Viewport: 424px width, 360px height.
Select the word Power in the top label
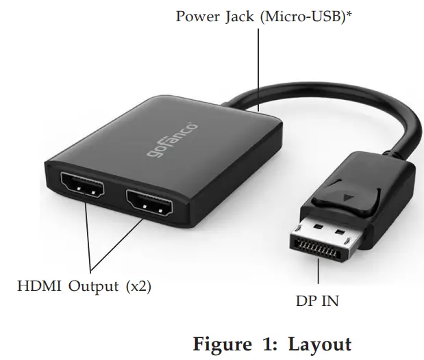[x=197, y=16]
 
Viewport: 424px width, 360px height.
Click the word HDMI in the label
[x=38, y=286]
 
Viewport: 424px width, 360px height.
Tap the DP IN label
[x=317, y=301]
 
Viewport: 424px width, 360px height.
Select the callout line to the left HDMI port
[x=87, y=236]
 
